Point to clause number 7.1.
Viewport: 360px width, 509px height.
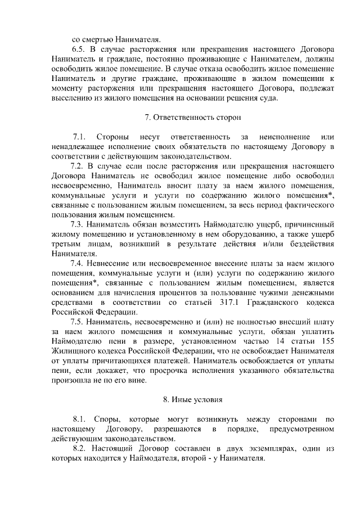click(x=80, y=137)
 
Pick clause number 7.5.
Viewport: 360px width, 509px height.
click(x=77, y=322)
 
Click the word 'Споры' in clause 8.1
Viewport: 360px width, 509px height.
click(x=105, y=419)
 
